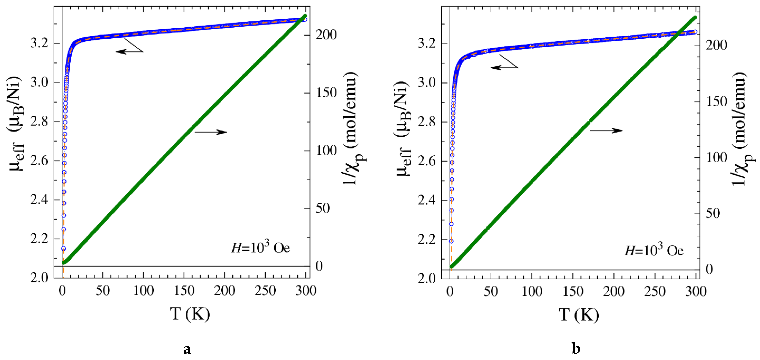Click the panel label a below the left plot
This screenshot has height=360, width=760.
(x=187, y=349)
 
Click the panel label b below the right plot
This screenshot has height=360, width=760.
(x=576, y=349)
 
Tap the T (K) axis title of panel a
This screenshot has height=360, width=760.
(x=190, y=314)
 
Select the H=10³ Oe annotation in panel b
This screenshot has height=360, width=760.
(x=654, y=250)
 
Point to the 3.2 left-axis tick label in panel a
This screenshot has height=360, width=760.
(x=39, y=43)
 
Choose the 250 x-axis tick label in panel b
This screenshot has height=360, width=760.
(x=655, y=292)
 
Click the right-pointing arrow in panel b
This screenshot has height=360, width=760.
(x=607, y=130)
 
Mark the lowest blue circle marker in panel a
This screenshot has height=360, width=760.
(x=63, y=248)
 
